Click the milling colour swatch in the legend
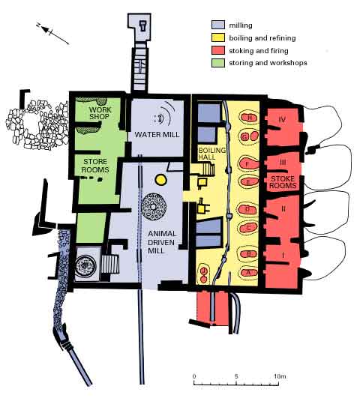218,25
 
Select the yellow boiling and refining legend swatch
218,37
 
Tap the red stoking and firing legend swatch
218,50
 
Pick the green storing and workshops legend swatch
218,63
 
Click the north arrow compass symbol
52,34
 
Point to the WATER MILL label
157,134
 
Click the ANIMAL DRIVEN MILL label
162,242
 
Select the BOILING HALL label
211,154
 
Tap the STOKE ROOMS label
283,182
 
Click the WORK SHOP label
100,113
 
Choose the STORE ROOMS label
95,166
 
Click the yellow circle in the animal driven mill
161,180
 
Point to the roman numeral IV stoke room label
282,119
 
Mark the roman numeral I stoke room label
283,255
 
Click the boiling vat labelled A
248,273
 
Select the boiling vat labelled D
247,209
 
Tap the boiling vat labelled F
248,163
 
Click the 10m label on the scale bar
280,376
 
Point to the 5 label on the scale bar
236,376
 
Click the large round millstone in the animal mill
154,207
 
